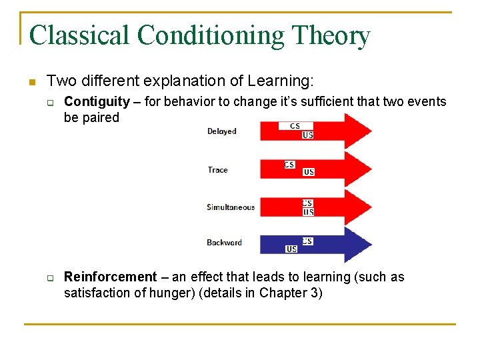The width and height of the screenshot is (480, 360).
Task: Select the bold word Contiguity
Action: [97, 101]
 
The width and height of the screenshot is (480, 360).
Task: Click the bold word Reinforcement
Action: [111, 277]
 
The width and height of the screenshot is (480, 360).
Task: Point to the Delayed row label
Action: [221, 131]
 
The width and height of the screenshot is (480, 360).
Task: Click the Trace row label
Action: [217, 170]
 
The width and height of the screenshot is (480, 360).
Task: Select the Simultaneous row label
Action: [231, 207]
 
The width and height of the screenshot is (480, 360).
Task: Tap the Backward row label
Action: [224, 243]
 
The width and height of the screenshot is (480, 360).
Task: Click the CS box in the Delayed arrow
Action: [294, 125]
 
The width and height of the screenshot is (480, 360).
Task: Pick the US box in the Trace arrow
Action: [309, 172]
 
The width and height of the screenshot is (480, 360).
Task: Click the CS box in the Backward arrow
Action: [307, 241]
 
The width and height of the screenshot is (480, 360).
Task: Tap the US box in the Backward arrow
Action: [291, 249]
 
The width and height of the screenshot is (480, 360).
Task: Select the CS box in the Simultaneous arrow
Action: [307, 203]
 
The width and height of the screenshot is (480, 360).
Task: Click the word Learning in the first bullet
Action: [285, 81]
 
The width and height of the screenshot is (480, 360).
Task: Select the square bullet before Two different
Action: [30, 83]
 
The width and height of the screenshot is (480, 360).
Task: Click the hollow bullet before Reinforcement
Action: [49, 277]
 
